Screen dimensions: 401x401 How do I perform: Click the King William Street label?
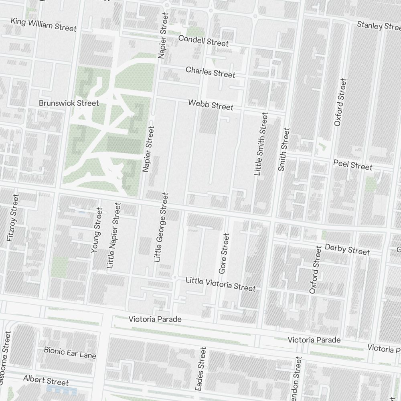43,24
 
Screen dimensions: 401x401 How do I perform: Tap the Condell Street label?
203,41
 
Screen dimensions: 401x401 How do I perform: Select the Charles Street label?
210,72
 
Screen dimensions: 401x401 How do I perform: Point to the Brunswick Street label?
69,103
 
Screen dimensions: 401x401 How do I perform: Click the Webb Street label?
211,105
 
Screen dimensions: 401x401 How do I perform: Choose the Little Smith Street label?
261,144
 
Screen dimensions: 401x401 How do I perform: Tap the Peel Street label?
353,165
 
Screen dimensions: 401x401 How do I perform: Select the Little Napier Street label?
113,235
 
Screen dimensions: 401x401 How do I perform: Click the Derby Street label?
347,249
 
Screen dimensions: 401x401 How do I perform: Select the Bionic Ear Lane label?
70,353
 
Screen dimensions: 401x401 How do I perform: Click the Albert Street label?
46,380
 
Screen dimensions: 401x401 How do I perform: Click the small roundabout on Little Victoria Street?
174,277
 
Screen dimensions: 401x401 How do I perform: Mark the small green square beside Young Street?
59,267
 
